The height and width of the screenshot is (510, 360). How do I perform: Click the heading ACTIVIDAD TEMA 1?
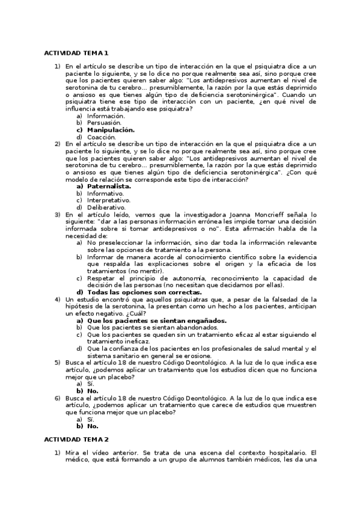pyautogui.click(x=76, y=54)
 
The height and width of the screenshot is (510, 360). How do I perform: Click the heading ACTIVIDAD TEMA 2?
pyautogui.click(x=76, y=440)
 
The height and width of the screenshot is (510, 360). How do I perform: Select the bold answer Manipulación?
pyautogui.click(x=111, y=130)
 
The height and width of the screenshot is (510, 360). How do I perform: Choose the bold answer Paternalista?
pyautogui.click(x=109, y=186)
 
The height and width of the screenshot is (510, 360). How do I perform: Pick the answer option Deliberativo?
pyautogui.click(x=106, y=207)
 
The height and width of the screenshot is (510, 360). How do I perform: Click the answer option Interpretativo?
pyautogui.click(x=109, y=200)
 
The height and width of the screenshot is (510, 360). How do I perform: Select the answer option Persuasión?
pyautogui.click(x=104, y=123)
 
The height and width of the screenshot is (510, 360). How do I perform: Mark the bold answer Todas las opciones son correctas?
pyautogui.click(x=144, y=292)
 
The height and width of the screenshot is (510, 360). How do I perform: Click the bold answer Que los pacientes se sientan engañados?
pyautogui.click(x=157, y=321)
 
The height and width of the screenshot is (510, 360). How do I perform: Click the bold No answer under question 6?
pyautogui.click(x=92, y=426)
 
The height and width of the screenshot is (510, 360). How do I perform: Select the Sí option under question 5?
pyautogui.click(x=91, y=384)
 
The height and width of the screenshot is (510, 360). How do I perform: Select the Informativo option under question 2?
pyautogui.click(x=105, y=194)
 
